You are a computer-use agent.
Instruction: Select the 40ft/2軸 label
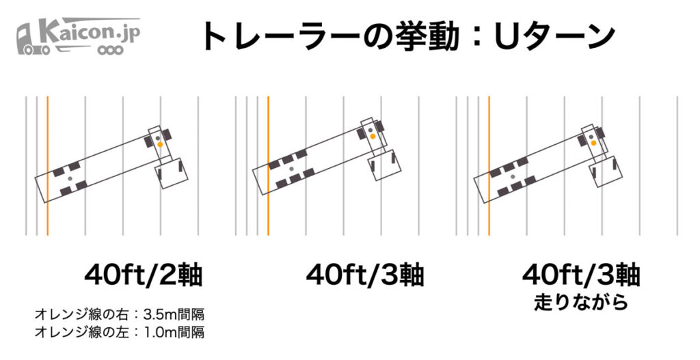[144, 275]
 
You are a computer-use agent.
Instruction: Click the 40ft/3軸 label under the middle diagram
[365, 275]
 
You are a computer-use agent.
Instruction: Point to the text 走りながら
[581, 302]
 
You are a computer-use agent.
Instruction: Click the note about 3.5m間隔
[120, 314]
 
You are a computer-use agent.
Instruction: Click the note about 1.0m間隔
[120, 332]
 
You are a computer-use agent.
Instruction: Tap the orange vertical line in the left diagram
[47, 165]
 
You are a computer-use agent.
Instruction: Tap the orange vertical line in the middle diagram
[268, 165]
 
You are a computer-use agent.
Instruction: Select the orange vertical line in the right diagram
[489, 165]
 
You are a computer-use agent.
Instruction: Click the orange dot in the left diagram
[160, 145]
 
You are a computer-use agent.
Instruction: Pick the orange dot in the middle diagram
[373, 136]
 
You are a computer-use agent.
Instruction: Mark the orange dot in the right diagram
[594, 143]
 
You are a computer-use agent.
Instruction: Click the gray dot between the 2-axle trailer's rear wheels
[70, 178]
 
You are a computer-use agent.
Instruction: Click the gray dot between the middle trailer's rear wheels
[291, 169]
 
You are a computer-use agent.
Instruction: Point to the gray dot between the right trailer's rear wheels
[513, 177]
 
